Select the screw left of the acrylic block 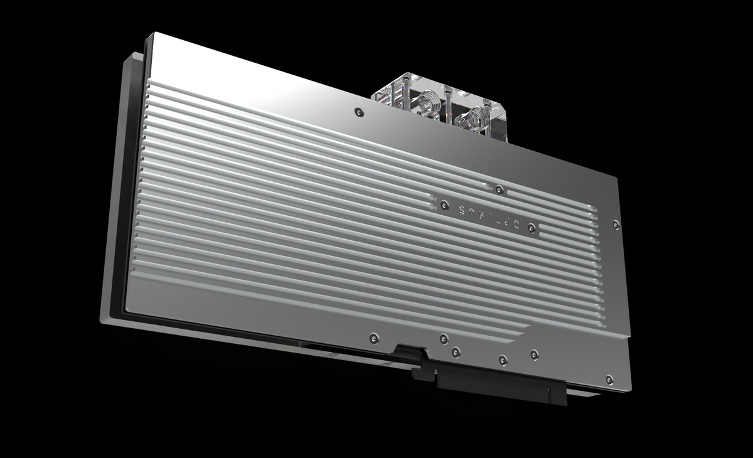pyautogui.click(x=358, y=112)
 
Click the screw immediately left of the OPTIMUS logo pyautogui.click(x=444, y=204)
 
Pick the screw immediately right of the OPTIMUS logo pyautogui.click(x=531, y=226)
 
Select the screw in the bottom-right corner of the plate pyautogui.click(x=609, y=378)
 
